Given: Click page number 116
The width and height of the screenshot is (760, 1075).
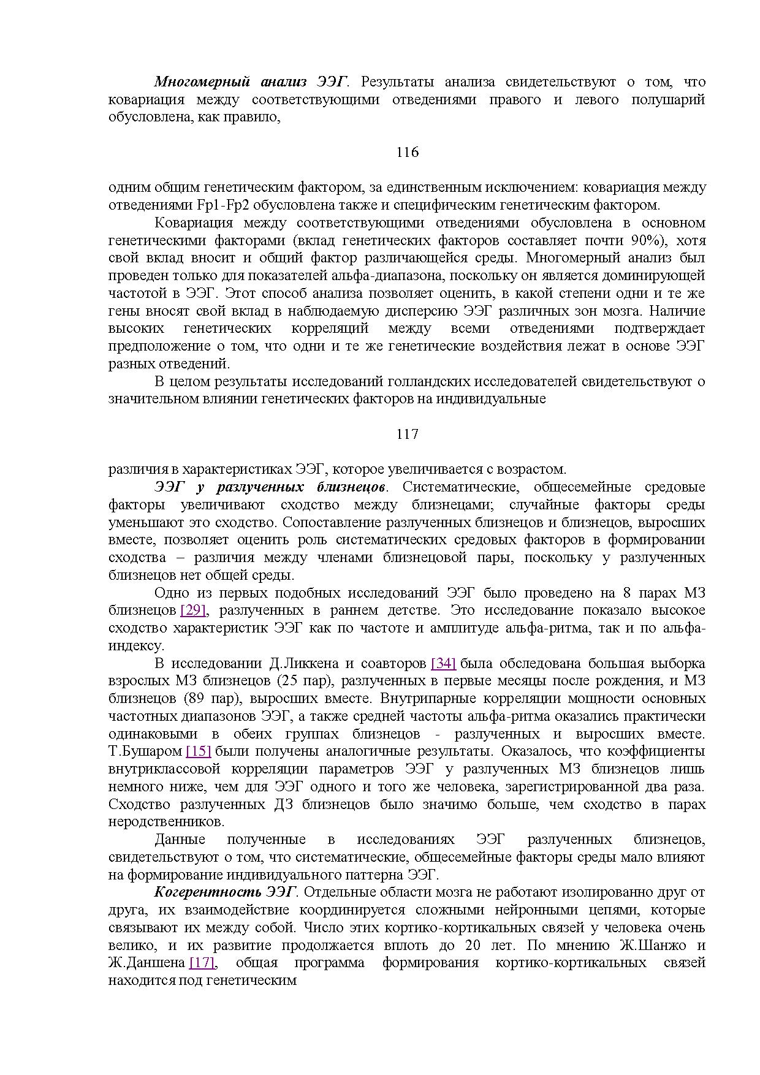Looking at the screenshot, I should coord(407,152).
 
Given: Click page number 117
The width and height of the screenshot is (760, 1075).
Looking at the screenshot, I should coord(407,434).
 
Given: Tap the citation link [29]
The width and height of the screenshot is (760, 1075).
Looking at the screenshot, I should coord(193,610).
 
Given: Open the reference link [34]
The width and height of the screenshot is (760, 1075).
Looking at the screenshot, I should coord(443,663).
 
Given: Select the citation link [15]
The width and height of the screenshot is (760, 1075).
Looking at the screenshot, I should coord(198,751).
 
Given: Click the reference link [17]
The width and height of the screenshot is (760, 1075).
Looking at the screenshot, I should coord(202,962).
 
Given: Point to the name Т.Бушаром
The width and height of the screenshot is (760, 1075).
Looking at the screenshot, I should coord(145,751).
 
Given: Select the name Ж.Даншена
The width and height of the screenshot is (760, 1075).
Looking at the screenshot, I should coord(146,962).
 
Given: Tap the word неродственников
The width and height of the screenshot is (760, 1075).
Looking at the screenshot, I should coord(166,821).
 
